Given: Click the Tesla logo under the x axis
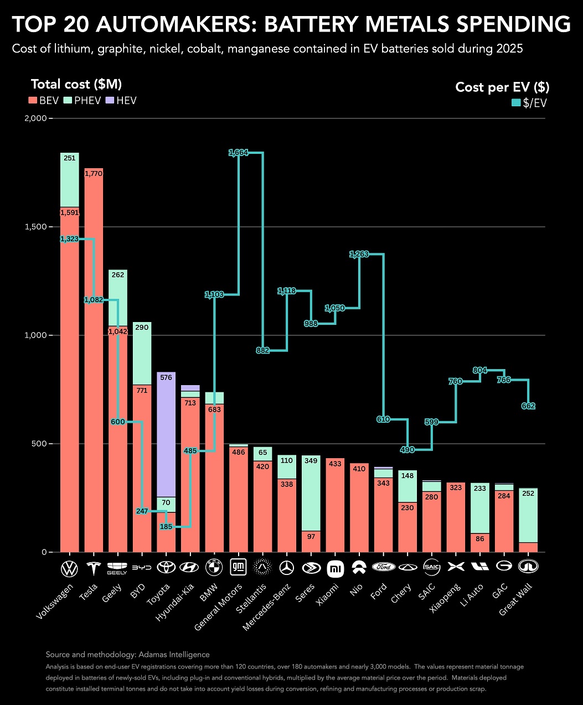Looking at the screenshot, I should click(93, 568).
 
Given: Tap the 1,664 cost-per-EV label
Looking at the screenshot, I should click(239, 153).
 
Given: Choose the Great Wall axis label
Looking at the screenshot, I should click(515, 600).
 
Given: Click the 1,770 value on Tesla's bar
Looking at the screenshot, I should click(94, 174).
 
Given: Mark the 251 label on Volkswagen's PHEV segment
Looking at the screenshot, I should click(69, 158).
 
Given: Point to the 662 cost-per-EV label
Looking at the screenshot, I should click(528, 406).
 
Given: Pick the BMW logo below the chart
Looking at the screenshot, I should click(214, 568).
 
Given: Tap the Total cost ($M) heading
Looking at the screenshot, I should click(76, 84).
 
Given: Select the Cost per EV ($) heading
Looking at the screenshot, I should click(502, 87).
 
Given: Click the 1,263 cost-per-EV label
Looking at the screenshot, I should click(359, 255).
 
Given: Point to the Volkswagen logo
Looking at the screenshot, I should click(69, 568).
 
